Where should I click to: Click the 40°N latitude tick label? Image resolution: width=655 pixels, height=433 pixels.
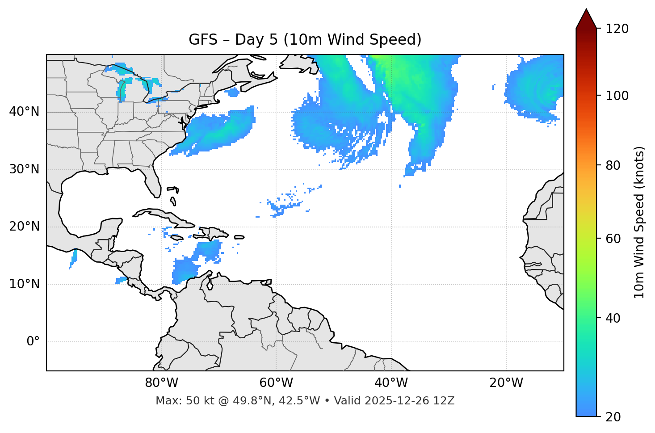pyautogui.click(x=24, y=112)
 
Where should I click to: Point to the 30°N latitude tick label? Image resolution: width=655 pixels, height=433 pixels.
pyautogui.click(x=24, y=169)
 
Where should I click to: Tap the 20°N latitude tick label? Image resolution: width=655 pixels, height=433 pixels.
pyautogui.click(x=24, y=227)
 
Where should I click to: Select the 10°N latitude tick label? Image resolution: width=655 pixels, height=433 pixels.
pyautogui.click(x=24, y=284)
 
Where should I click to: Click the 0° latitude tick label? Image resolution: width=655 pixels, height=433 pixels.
pyautogui.click(x=33, y=342)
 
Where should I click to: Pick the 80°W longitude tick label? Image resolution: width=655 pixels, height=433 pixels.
pyautogui.click(x=161, y=383)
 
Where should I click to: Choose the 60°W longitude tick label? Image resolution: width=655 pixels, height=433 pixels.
pyautogui.click(x=276, y=383)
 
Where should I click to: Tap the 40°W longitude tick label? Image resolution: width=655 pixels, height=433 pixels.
pyautogui.click(x=391, y=383)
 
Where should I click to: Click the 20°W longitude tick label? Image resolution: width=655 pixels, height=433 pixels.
pyautogui.click(x=506, y=383)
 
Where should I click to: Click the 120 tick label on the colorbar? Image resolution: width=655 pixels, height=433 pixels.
pyautogui.click(x=617, y=29)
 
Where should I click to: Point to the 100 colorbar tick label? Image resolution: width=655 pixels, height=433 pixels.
pyautogui.click(x=617, y=96)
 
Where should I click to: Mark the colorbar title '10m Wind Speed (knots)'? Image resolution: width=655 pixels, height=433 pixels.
pyautogui.click(x=639, y=223)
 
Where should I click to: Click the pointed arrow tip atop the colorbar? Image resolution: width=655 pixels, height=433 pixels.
pyautogui.click(x=586, y=10)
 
